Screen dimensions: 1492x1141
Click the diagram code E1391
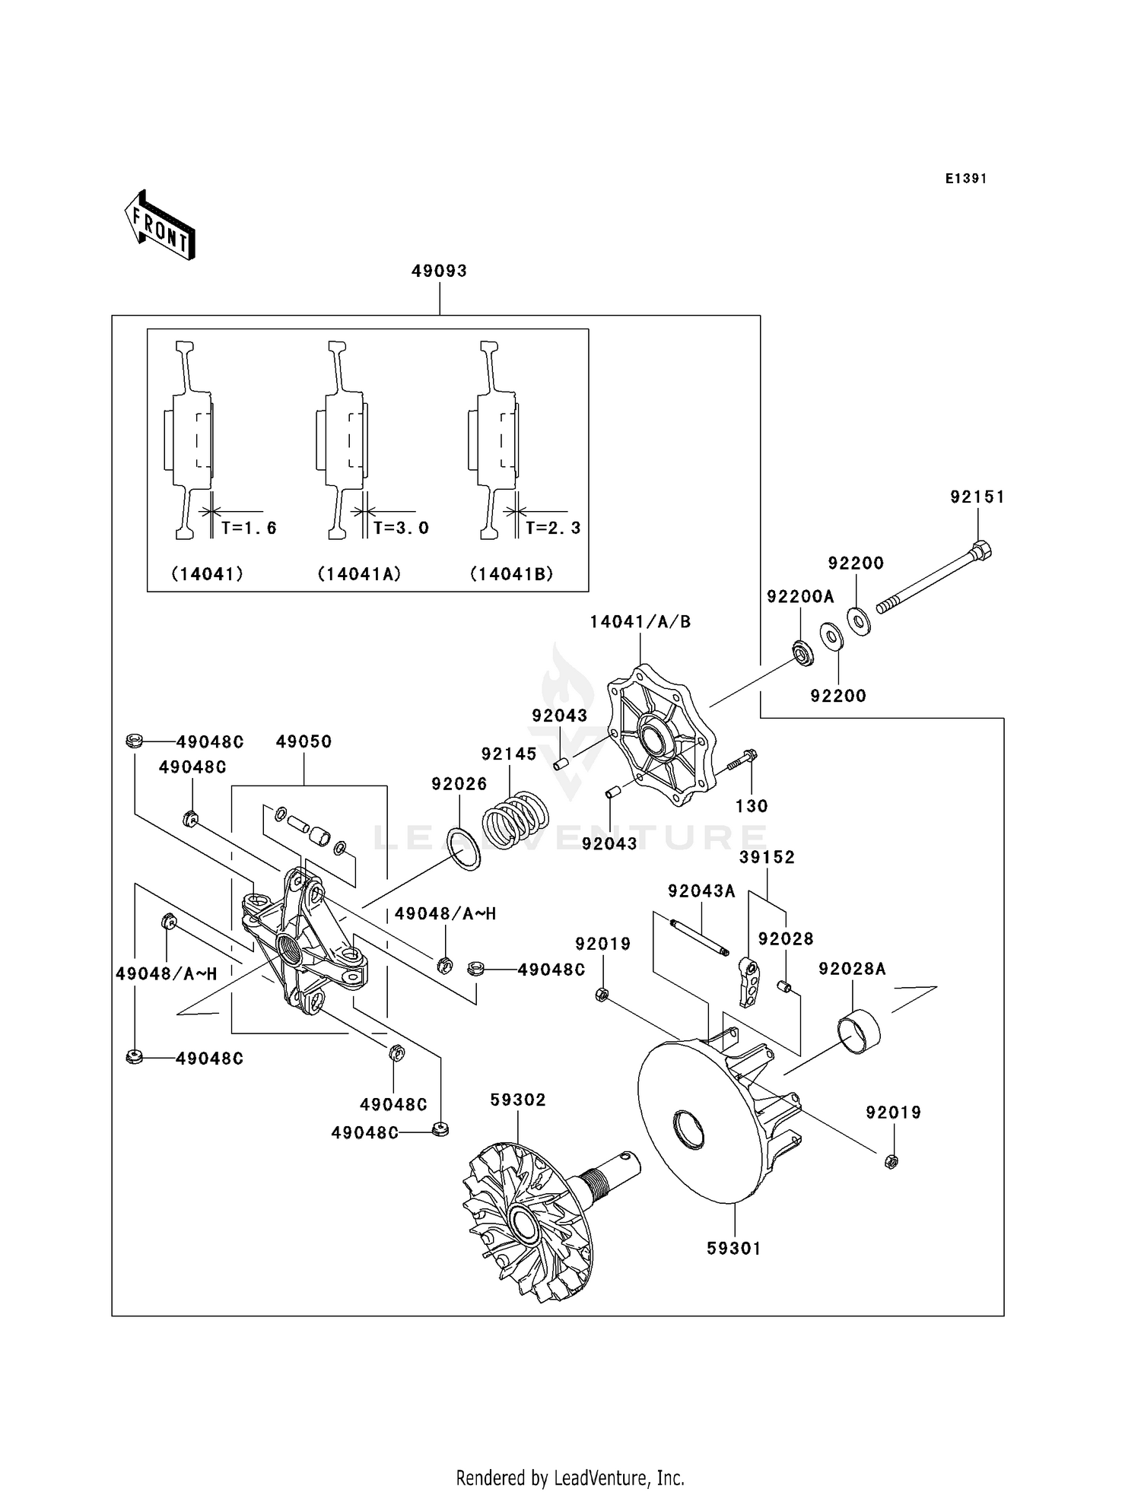965,179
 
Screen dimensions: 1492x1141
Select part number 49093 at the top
439,271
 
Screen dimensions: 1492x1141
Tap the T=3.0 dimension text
401,528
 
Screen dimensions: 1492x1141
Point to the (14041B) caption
512,574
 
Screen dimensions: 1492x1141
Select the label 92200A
799,597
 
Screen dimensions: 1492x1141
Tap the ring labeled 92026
463,849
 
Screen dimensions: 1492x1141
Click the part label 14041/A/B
640,622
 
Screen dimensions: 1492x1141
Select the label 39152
767,857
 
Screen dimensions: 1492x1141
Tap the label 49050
304,741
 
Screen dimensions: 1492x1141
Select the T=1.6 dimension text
249,528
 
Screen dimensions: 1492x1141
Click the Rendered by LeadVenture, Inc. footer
570,1478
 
